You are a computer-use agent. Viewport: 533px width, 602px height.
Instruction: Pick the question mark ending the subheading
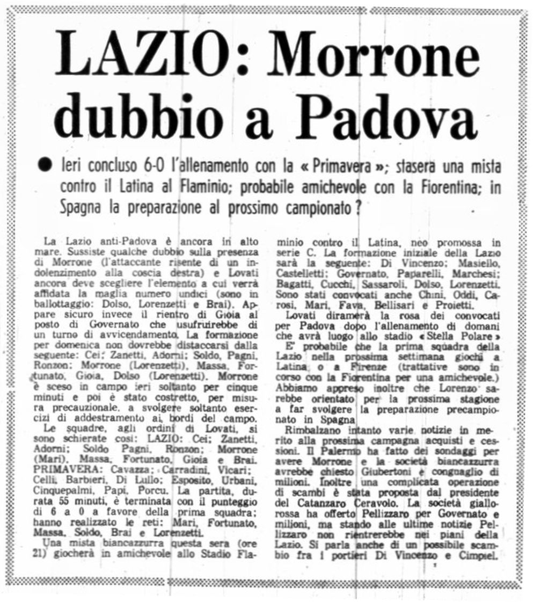(x=356, y=207)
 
